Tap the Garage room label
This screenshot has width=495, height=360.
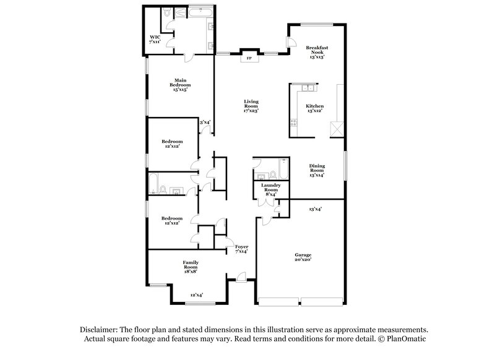point(303,257)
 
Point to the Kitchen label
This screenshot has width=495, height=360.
point(314,108)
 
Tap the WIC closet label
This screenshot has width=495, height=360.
point(155,39)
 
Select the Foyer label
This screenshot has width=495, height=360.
point(241,249)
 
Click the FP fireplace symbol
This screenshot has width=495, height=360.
point(249,59)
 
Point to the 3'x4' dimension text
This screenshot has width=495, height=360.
point(205,122)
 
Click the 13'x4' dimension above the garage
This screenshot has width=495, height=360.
point(316,209)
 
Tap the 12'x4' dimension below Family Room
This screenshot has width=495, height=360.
point(197,295)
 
